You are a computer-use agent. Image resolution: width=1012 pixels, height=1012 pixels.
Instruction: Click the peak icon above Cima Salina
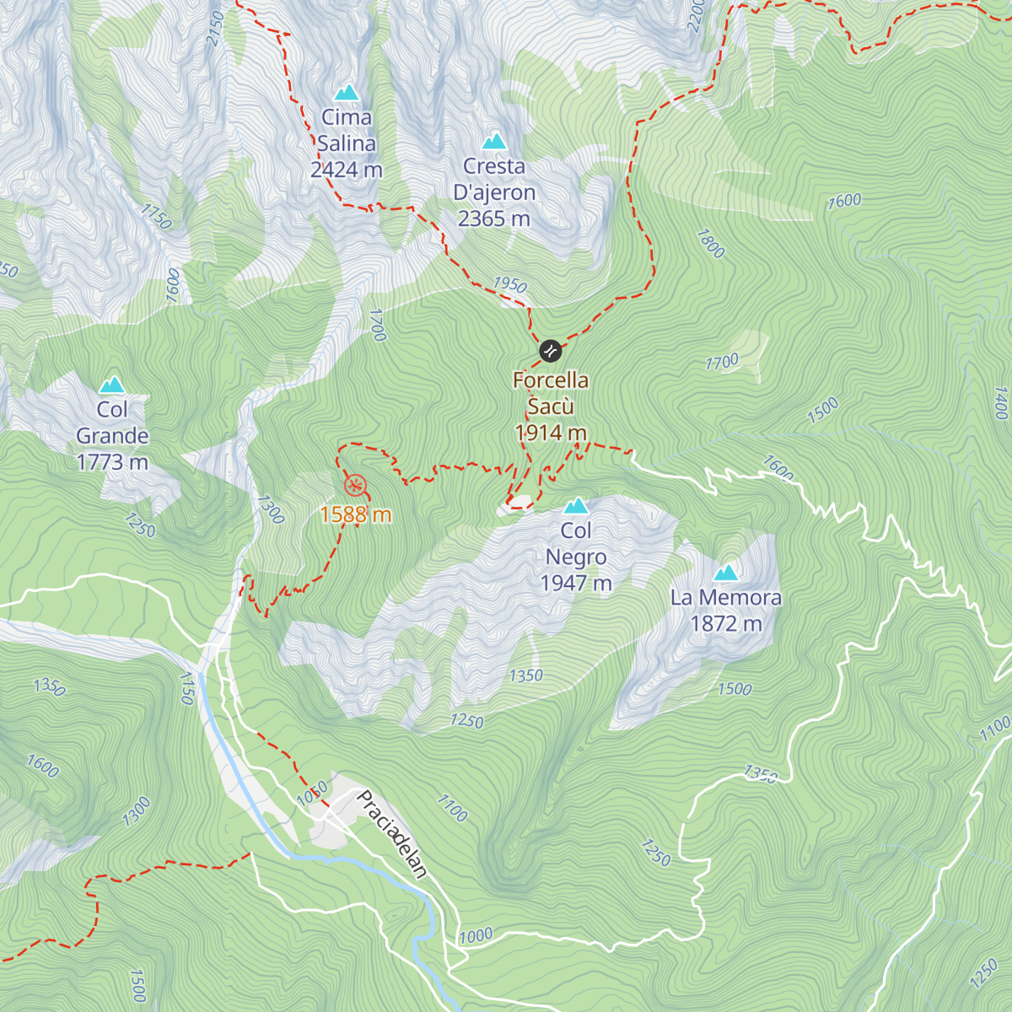point(346,92)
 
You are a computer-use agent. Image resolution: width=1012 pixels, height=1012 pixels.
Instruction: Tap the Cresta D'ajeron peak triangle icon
point(494,141)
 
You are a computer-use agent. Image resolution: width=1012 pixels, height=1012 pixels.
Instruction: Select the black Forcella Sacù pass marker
point(550,351)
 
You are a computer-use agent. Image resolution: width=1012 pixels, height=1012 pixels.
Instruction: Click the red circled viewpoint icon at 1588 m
point(356,485)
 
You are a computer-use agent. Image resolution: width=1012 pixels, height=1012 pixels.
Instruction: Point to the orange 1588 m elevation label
point(356,514)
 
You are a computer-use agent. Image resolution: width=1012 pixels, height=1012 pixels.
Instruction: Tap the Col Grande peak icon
point(111,385)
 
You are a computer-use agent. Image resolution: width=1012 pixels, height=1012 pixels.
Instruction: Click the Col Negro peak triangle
point(576,506)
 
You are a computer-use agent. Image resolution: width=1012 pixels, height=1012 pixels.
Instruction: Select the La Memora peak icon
point(725,573)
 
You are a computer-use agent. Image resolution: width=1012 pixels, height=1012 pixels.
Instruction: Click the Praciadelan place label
point(393,834)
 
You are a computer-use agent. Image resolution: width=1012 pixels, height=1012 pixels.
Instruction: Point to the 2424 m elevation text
point(346,170)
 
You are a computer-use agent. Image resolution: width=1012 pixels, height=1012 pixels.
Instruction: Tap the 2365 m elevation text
point(494,218)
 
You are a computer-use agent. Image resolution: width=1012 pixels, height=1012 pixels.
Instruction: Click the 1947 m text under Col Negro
point(576,583)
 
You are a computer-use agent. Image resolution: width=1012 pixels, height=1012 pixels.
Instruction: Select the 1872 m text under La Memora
point(725,624)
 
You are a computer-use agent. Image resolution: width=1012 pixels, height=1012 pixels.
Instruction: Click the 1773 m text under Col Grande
point(112,462)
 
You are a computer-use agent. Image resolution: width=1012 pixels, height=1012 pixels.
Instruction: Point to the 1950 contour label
point(509,284)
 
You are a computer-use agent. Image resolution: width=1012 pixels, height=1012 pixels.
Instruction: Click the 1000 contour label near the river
point(476,935)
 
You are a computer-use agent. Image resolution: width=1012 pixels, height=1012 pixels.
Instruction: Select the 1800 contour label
point(710,244)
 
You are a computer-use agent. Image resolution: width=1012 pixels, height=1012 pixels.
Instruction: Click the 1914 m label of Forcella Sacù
point(551,433)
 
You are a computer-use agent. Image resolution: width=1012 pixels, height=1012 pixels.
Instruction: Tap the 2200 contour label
point(695,15)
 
